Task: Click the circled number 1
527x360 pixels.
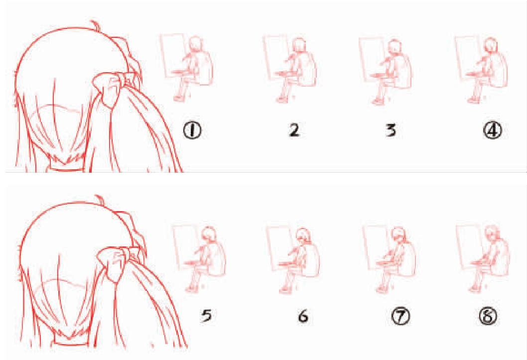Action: coord(192,130)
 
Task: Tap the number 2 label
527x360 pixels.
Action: coord(294,130)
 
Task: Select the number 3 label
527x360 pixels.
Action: coord(391,130)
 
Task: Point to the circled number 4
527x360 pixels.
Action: coord(493,130)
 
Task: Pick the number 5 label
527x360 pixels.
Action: coord(206,315)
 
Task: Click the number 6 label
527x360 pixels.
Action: coord(303,316)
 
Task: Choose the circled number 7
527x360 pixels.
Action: coord(400,316)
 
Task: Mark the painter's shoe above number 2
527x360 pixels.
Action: coord(281,100)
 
